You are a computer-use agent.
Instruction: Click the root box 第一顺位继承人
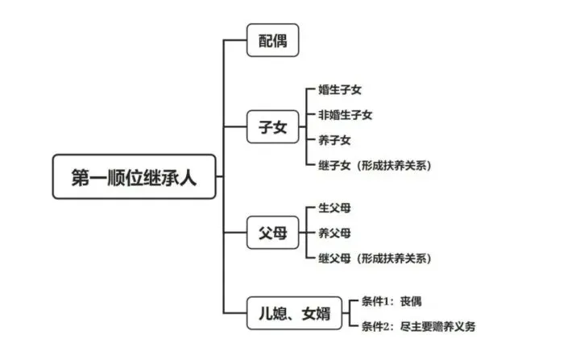click(x=134, y=176)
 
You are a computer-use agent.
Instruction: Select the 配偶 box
click(x=272, y=40)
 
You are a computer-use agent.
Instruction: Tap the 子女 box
click(x=272, y=126)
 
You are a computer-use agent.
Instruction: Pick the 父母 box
click(x=272, y=233)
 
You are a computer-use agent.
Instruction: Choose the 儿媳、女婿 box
click(x=294, y=313)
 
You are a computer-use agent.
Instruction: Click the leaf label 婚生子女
click(x=340, y=89)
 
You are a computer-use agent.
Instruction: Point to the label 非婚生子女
click(x=345, y=114)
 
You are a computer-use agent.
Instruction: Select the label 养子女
click(x=334, y=140)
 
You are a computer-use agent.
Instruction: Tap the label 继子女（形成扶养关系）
click(x=375, y=165)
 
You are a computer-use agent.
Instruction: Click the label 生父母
click(x=334, y=208)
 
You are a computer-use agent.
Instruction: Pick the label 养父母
click(x=334, y=233)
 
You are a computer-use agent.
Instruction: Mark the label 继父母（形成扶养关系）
click(x=375, y=259)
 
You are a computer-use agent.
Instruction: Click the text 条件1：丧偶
click(x=391, y=301)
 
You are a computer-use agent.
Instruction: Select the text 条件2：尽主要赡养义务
click(x=418, y=326)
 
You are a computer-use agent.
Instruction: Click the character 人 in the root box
click(x=188, y=177)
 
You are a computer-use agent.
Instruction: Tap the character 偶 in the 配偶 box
click(x=280, y=40)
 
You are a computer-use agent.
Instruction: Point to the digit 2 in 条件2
click(x=386, y=327)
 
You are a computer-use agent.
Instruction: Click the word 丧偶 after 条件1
click(x=411, y=301)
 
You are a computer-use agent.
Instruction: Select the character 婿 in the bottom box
click(x=323, y=313)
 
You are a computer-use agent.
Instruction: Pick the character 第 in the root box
click(x=81, y=177)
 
